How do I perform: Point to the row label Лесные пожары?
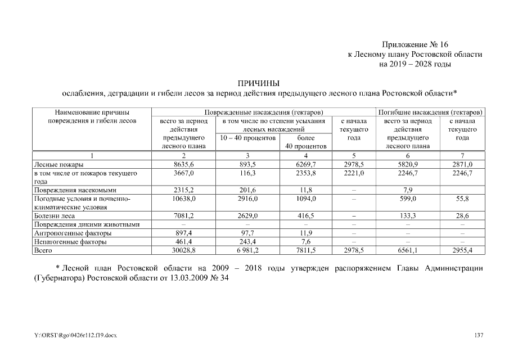[x=59, y=164]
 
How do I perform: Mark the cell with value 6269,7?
[x=305, y=164]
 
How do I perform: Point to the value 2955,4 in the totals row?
[x=462, y=249]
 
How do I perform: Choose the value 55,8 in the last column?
[x=462, y=199]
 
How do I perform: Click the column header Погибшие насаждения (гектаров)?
[x=431, y=112]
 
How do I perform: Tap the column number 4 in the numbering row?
[x=305, y=155]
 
